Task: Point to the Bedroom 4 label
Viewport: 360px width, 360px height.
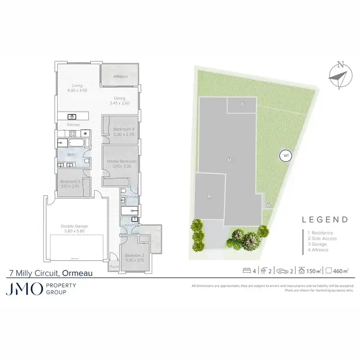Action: tap(120, 132)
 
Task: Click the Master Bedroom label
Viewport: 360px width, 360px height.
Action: tap(122, 164)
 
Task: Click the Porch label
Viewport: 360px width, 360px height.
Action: tap(114, 266)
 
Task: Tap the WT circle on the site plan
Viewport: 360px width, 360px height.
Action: tap(286, 156)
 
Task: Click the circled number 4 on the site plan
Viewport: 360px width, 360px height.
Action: tap(243, 104)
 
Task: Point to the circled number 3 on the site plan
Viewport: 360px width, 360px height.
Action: tap(209, 196)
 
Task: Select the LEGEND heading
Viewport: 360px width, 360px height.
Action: tap(324, 220)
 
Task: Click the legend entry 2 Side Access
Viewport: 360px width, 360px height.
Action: tap(323, 239)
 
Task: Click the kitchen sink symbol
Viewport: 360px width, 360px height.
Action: tap(72, 116)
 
